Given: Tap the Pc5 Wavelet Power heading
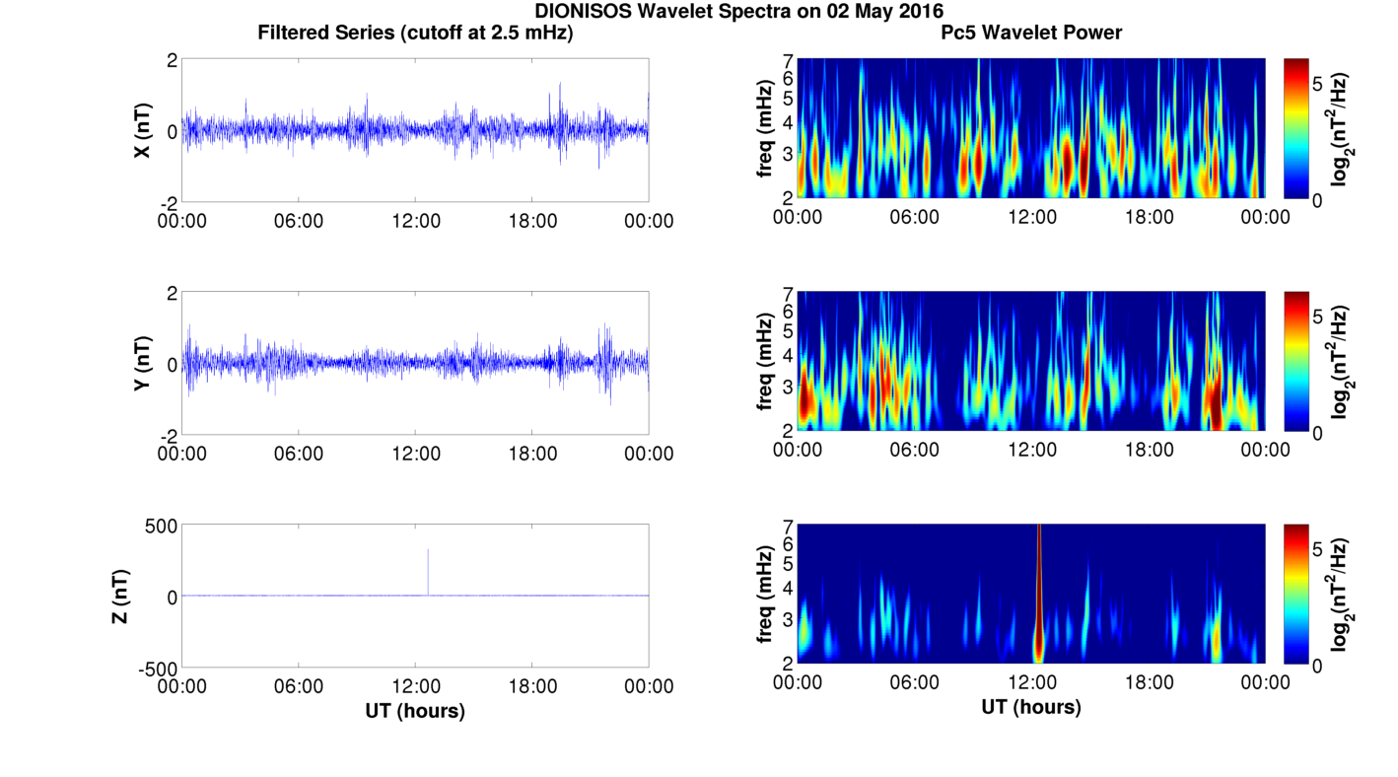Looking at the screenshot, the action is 1031,33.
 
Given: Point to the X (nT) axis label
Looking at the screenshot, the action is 142,130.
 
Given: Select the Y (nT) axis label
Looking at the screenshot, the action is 142,363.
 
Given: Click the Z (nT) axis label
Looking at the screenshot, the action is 120,596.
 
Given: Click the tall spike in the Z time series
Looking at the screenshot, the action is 428,572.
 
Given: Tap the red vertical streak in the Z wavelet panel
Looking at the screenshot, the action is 1038,594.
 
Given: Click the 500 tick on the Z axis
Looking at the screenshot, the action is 161,527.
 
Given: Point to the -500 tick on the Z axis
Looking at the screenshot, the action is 158,670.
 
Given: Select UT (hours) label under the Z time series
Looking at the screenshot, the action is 415,711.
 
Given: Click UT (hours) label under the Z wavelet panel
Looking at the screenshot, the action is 1031,706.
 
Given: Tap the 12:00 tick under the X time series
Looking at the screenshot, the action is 416,221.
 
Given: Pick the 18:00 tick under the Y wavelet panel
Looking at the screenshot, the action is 1149,450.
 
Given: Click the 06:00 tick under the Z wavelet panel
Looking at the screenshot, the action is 914,682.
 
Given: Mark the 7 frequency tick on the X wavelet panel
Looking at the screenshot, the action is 789,61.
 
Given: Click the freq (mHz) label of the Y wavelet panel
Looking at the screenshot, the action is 765,361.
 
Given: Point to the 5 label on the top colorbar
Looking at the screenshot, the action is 1317,84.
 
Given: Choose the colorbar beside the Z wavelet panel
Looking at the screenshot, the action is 1295,594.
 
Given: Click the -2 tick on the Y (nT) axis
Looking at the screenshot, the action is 170,436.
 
